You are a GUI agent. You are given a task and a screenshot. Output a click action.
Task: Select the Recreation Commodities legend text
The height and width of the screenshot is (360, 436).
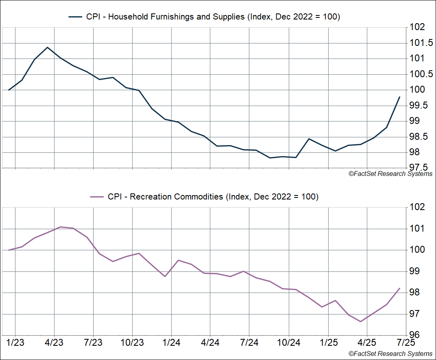click(213, 197)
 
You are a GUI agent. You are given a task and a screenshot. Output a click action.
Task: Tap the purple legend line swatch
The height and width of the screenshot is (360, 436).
click(97, 197)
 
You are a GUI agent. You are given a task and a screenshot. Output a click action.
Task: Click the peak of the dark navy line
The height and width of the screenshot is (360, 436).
click(48, 47)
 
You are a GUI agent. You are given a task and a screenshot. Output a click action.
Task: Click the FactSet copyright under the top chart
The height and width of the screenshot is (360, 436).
click(390, 174)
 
